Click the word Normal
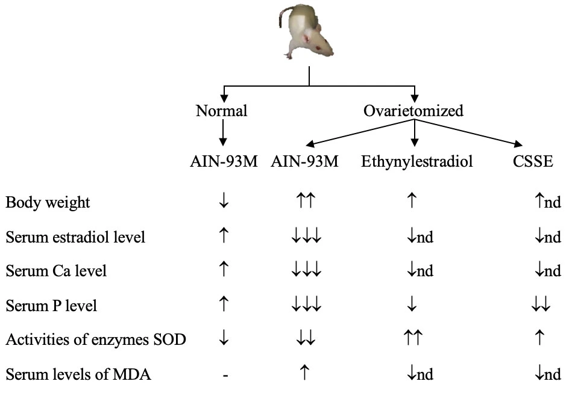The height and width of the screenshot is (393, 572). pyautogui.click(x=222, y=111)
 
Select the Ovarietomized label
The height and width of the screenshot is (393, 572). pyautogui.click(x=413, y=111)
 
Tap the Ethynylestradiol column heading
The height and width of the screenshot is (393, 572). pyautogui.click(x=414, y=162)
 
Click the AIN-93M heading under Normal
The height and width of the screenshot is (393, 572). pyautogui.click(x=223, y=162)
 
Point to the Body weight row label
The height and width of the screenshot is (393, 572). pyautogui.click(x=48, y=202)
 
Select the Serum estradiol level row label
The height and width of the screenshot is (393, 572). pyautogui.click(x=75, y=237)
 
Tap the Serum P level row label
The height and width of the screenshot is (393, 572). pyautogui.click(x=51, y=306)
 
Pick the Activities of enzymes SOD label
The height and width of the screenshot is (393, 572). pyautogui.click(x=95, y=340)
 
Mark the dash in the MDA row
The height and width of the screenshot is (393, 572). pyautogui.click(x=224, y=375)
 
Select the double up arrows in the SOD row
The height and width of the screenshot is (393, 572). pyautogui.click(x=414, y=340)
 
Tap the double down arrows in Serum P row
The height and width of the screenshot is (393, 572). pyautogui.click(x=540, y=306)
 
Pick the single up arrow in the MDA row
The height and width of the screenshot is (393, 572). pyautogui.click(x=305, y=374)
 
